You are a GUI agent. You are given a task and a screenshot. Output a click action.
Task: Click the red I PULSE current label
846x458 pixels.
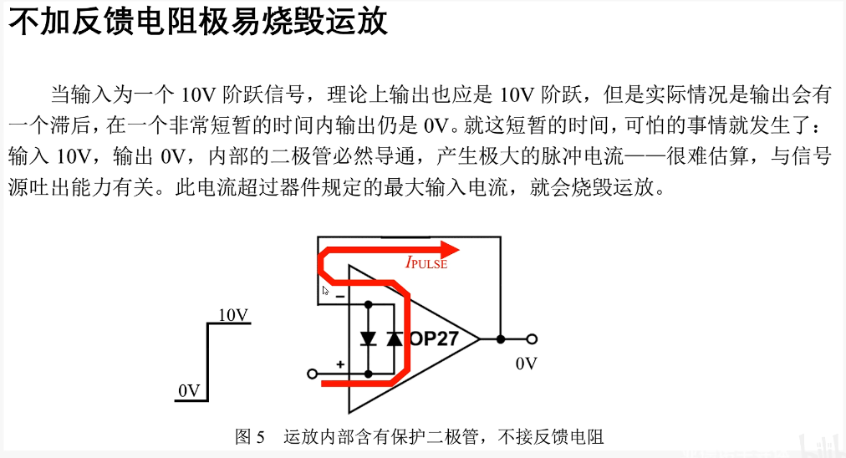426,263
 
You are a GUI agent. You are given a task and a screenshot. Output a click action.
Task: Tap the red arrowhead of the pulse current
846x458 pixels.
451,248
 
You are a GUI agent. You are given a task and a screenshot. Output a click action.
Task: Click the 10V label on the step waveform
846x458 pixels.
233,315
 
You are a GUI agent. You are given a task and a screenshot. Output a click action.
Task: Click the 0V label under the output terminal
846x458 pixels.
527,364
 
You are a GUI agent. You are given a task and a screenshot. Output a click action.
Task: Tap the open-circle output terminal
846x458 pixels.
531,338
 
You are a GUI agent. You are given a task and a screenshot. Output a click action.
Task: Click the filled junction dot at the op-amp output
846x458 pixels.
500,338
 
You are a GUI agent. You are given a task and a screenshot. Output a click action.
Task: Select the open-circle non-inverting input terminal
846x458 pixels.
313,373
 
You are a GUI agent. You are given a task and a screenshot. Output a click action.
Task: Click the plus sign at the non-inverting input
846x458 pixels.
340,364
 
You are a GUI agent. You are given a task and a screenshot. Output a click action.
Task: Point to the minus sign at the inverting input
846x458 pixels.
340,295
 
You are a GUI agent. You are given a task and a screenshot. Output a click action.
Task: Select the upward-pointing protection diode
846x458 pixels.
394,338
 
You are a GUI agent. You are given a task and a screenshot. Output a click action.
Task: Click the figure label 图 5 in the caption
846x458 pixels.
251,436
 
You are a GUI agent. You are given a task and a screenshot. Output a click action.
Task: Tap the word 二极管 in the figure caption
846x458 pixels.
453,436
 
